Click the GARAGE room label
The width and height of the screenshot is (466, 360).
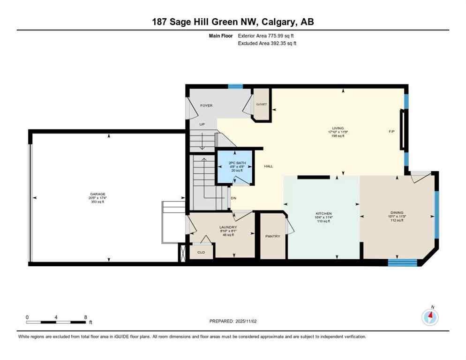[98, 194]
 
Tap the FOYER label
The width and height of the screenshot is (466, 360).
[206, 105]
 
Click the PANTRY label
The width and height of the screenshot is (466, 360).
[272, 236]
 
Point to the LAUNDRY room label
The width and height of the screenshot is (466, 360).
[228, 227]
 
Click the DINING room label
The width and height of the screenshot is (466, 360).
[397, 212]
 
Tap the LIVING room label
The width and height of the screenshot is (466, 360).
[338, 128]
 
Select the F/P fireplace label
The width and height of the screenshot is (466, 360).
[392, 131]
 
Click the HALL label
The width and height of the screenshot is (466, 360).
[269, 166]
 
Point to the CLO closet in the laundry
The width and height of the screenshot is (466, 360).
[201, 252]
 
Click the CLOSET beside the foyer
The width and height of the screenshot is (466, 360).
[261, 104]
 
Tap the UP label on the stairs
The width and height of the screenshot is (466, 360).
[202, 124]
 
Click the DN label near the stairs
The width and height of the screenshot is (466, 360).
[233, 197]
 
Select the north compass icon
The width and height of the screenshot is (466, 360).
[429, 317]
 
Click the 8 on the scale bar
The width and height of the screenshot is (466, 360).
[85, 317]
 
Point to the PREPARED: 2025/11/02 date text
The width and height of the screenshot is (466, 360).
[233, 321]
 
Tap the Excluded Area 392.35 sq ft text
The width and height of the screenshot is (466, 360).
[267, 43]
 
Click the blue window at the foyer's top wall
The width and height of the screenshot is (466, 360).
[235, 86]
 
